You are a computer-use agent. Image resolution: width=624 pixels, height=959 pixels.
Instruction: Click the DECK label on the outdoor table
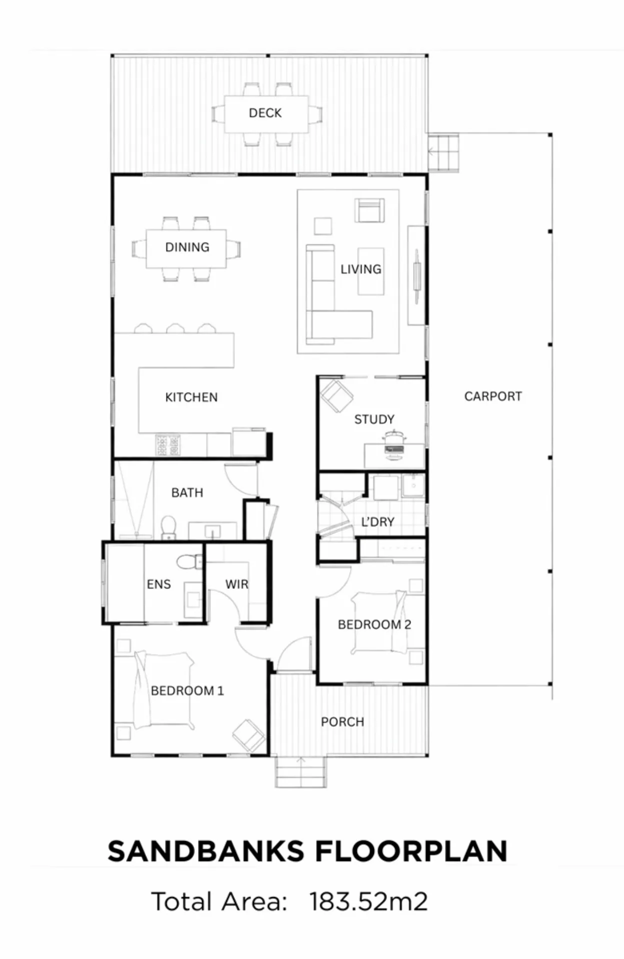265,113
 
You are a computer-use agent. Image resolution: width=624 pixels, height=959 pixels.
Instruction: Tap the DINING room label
187,247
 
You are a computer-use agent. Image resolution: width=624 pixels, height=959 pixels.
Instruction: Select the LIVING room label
360,269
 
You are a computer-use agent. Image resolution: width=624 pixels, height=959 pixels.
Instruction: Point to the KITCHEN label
191,397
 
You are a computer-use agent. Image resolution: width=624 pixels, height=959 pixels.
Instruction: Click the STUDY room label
374,419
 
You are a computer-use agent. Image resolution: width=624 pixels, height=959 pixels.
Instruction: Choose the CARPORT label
493,396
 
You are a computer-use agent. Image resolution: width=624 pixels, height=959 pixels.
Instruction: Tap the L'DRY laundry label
377,522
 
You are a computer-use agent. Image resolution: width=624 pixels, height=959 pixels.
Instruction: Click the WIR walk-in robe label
236,584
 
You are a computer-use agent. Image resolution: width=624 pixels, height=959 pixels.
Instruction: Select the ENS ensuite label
158,584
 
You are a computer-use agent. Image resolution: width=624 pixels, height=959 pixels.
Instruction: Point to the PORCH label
342,722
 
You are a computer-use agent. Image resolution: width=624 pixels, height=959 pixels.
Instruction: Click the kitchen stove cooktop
168,445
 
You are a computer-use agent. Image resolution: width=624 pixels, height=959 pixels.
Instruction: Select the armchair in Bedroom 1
249,735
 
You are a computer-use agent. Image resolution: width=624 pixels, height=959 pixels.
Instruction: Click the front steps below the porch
300,771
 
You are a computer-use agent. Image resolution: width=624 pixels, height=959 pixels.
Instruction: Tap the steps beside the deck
443,152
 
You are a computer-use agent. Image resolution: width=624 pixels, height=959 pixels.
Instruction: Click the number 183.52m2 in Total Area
368,902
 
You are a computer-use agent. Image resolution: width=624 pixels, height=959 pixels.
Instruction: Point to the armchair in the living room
370,210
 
